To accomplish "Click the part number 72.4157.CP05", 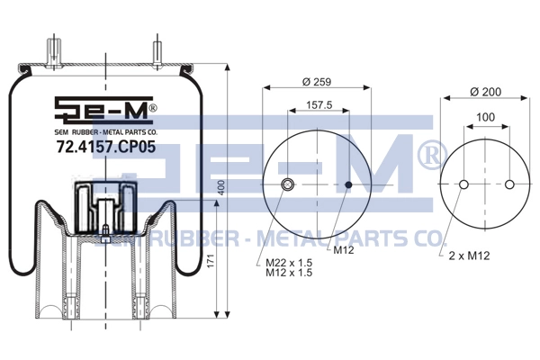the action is click(105, 147).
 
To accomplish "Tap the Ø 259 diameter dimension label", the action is click(317, 82).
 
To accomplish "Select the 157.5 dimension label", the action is click(319, 104).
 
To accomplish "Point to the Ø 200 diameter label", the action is click(486, 92).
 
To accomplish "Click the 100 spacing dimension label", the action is click(486, 117).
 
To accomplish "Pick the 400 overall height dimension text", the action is click(221, 188).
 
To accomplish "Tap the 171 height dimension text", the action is click(211, 261).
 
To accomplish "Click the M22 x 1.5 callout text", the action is click(289, 263).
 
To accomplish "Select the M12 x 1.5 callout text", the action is click(289, 273).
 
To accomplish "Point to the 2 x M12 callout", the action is click(469, 256).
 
